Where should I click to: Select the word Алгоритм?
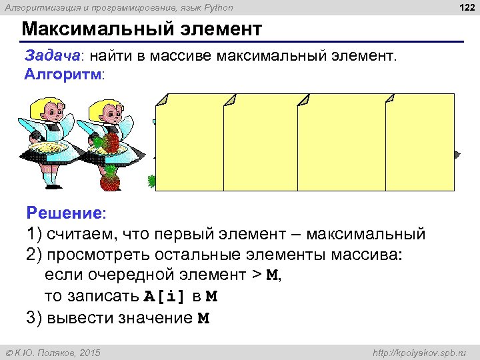coord(63,74)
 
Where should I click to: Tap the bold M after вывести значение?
coord(203,318)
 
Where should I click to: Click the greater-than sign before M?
coord(255,275)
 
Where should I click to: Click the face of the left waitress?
coord(47,111)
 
